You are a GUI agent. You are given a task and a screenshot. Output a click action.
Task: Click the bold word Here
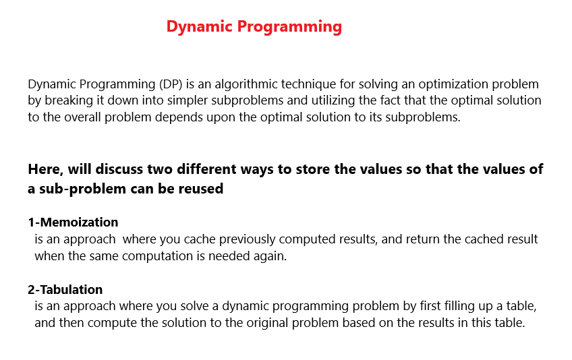(x=45, y=169)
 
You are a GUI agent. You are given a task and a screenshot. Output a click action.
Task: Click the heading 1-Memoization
(x=73, y=222)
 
